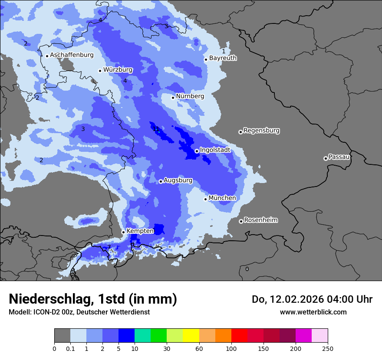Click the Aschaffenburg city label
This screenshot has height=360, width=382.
coord(72,55)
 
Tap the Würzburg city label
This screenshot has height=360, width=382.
coord(118,70)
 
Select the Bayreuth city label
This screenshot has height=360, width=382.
coord(223,58)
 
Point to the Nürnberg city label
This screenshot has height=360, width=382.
coord(190,96)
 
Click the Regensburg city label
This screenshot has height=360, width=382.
coord(261,131)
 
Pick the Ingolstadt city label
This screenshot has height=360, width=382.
coord(215,150)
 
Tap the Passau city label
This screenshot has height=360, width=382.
coord(339,157)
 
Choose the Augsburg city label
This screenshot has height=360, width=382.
coord(178,180)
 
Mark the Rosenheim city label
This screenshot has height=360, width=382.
coord(260,220)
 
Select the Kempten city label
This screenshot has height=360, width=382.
coord(140,231)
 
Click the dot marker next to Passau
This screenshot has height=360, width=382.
coord(326,158)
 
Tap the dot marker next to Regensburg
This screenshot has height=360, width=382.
coord(240,132)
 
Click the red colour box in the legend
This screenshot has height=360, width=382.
coord(239,336)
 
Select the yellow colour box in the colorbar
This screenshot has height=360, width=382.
coord(191,336)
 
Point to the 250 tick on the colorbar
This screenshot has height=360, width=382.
coord(328,348)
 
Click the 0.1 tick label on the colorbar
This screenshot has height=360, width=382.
coord(70,348)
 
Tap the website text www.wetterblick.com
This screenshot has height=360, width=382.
coord(313,312)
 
